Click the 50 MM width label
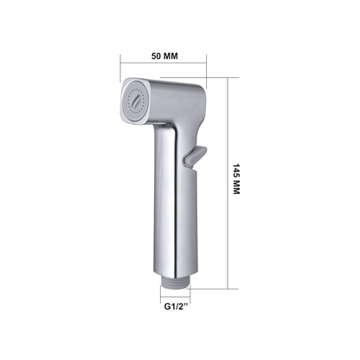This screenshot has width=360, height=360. click(x=164, y=56)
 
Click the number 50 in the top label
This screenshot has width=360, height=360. click(x=157, y=56)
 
